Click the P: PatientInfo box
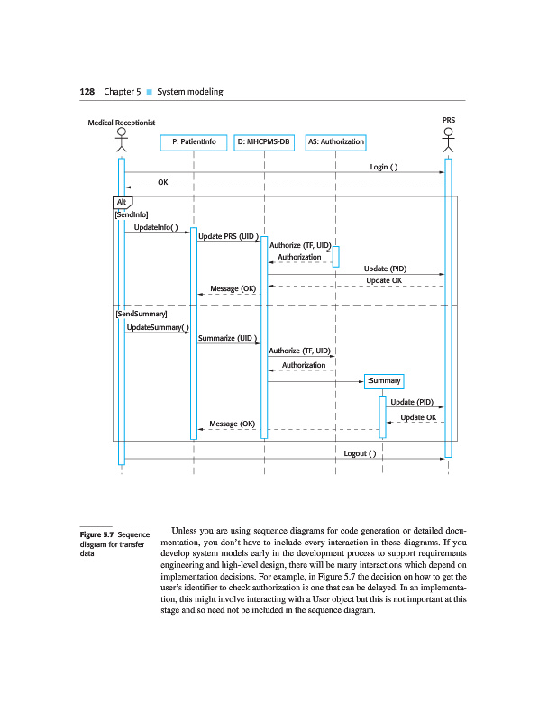click(193, 142)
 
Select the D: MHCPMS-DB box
click(264, 142)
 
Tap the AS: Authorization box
click(335, 142)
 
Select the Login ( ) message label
click(384, 167)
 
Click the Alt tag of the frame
click(123, 201)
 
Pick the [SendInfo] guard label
click(124, 214)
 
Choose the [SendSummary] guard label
click(135, 313)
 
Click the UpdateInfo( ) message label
click(156, 227)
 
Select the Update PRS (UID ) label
click(228, 236)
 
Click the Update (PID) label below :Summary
click(412, 402)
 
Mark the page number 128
click(87, 92)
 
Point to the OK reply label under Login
click(163, 182)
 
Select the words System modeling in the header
click(189, 92)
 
